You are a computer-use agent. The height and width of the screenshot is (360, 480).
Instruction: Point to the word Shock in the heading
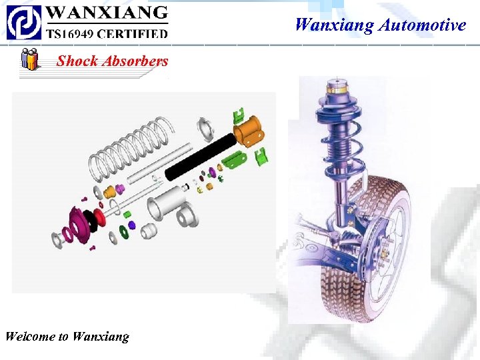[75, 61]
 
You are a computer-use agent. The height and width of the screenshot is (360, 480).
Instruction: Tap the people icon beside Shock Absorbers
[29, 59]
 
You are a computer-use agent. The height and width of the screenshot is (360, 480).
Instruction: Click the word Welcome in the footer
[30, 336]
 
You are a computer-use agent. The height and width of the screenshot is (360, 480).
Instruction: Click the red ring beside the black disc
[101, 217]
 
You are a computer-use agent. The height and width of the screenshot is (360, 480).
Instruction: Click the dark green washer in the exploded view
[123, 234]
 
